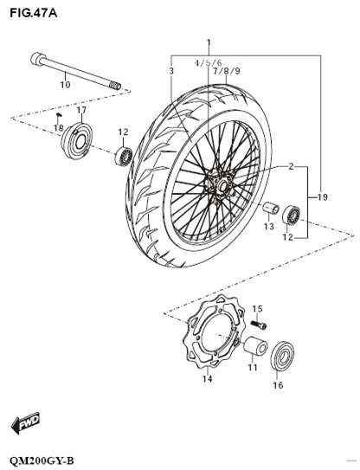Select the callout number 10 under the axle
coord(65,85)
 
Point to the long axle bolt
coord(78,71)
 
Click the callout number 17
coord(81,111)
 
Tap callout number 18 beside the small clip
coord(58,128)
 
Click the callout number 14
coord(208,378)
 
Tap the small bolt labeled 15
coord(260,325)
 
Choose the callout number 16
coord(278,386)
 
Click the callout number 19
coord(322,198)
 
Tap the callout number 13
coord(269,227)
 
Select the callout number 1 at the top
coord(208,42)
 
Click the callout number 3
coord(171,70)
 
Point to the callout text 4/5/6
coord(208,63)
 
